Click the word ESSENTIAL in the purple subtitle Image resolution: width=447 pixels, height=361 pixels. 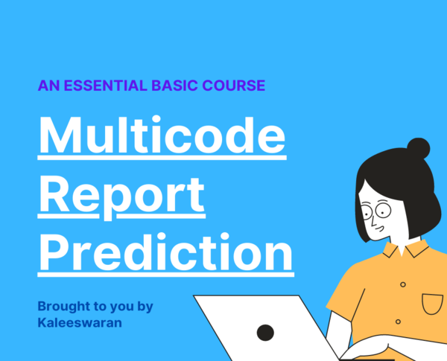point(105,86)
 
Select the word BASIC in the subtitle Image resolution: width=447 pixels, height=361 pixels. point(174,86)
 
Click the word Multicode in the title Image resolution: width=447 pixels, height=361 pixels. point(162,135)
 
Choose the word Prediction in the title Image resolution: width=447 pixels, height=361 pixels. point(165,252)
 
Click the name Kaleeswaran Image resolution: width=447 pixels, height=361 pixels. point(80,323)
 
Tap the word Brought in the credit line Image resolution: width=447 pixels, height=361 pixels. point(64,307)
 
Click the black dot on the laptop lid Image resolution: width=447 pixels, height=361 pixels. point(265,333)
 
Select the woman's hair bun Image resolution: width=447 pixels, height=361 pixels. point(418,148)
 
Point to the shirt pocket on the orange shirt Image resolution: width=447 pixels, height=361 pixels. point(432,304)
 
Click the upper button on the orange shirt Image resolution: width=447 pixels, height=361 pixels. point(403,284)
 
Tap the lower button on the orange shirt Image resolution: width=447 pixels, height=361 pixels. point(399,322)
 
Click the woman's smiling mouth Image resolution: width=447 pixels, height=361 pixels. point(379,229)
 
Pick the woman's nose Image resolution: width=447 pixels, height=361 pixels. point(373,223)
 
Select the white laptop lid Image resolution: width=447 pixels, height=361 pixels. point(265,328)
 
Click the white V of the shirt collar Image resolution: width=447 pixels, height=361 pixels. point(402,250)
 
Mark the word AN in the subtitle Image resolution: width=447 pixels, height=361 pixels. point(48,86)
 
